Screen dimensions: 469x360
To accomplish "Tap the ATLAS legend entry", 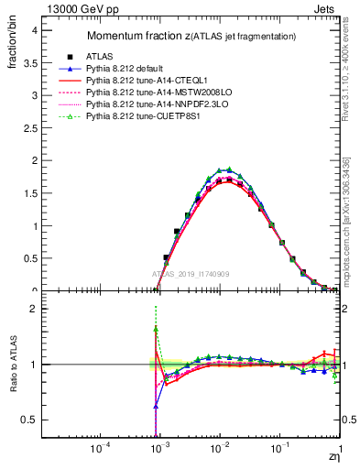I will pos(115,56).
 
